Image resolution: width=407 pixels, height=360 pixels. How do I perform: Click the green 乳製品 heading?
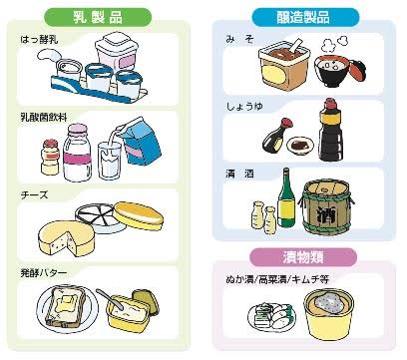98,17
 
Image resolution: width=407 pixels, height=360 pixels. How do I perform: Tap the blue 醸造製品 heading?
305,17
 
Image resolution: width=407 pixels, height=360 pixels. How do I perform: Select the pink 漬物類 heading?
303,257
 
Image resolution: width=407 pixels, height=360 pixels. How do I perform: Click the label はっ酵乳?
39,40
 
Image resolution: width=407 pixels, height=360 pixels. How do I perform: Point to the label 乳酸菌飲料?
44,118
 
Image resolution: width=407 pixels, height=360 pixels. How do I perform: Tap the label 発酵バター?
44,273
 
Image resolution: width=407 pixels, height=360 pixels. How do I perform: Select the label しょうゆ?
244,107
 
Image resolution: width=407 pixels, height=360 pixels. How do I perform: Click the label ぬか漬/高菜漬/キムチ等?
277,279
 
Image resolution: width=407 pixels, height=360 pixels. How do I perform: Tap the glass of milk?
109,161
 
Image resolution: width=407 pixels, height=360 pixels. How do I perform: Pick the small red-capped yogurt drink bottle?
51,158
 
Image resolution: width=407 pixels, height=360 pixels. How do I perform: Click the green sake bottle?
286,198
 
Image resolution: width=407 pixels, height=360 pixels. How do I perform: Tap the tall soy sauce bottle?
330,131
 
